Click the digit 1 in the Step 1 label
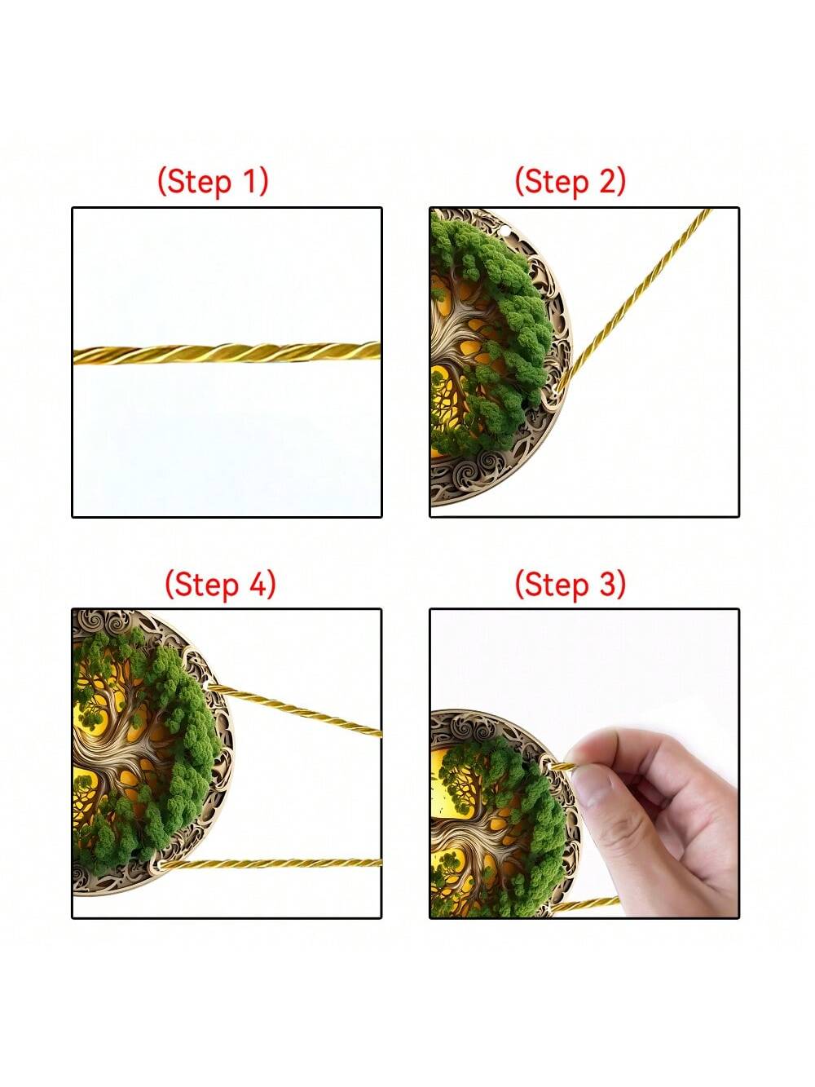point(249,181)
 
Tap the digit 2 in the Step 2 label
point(606,181)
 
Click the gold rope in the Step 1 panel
point(227,354)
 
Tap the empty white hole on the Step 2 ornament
point(504,230)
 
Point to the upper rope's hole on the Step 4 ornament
point(206,685)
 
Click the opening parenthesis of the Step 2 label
point(520,182)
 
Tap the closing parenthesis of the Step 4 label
point(271,585)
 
